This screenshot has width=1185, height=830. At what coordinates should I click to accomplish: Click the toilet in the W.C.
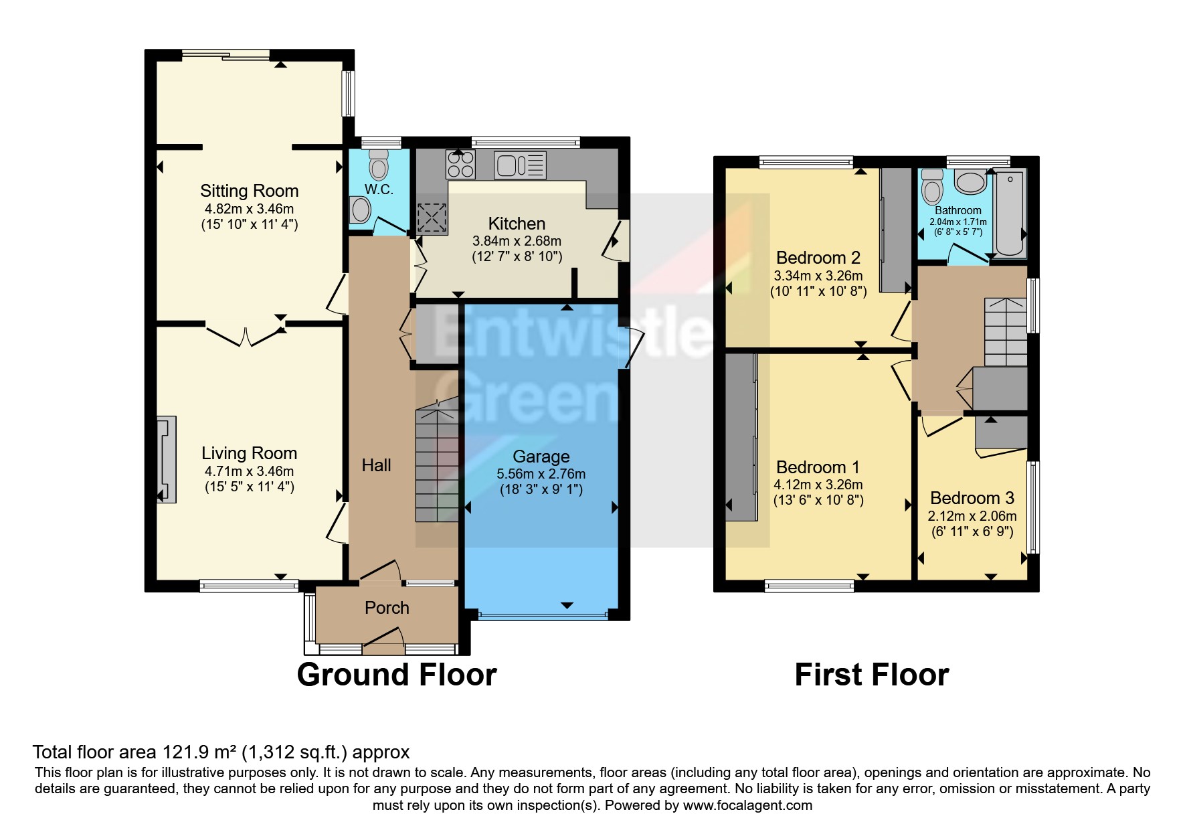(x=379, y=163)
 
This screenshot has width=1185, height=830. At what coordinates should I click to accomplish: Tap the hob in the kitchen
(x=460, y=164)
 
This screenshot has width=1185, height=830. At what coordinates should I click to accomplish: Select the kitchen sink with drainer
(x=520, y=165)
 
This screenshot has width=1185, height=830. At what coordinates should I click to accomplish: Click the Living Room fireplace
(x=166, y=459)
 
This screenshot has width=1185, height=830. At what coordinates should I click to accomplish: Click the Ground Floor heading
(x=397, y=675)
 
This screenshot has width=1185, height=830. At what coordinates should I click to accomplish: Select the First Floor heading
(x=871, y=675)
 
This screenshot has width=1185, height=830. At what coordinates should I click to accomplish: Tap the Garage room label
(x=541, y=456)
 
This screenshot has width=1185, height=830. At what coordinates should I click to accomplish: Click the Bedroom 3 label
(x=972, y=498)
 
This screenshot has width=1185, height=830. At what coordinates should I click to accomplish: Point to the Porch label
(x=387, y=608)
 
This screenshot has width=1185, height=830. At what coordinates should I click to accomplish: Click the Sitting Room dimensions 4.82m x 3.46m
(x=249, y=209)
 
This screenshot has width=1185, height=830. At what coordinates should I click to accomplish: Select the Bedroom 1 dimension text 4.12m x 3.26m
(x=818, y=484)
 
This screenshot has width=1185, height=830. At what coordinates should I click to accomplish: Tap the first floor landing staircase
(x=1005, y=332)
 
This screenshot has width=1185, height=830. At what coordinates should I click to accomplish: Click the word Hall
(x=376, y=465)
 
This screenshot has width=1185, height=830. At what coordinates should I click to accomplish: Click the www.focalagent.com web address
(x=747, y=805)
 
